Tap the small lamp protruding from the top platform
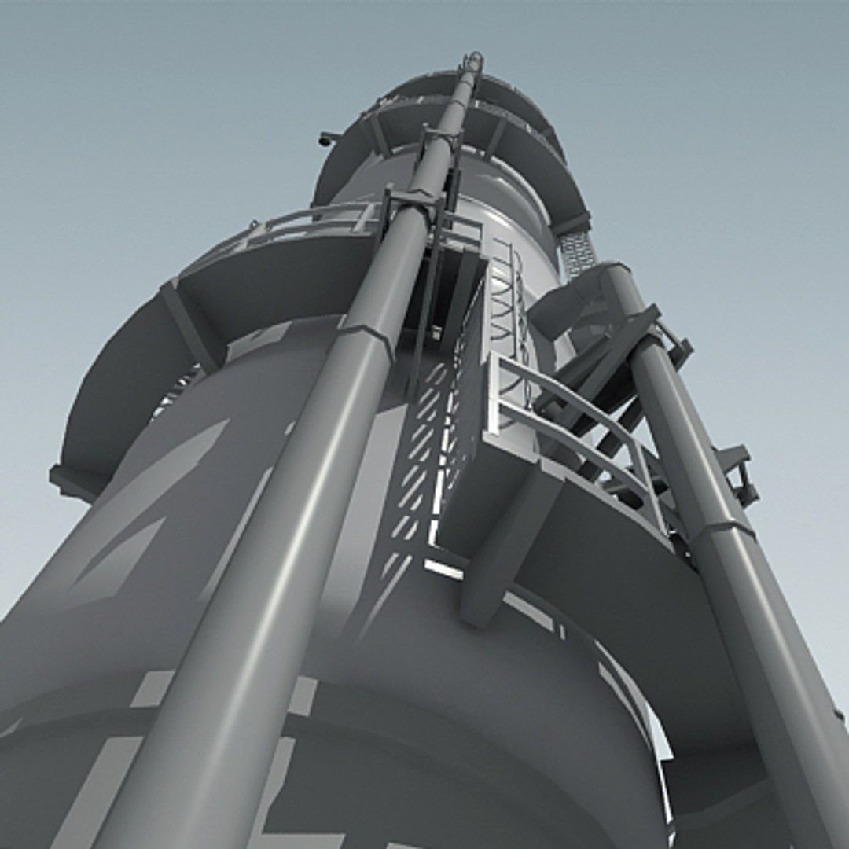[326, 139]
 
